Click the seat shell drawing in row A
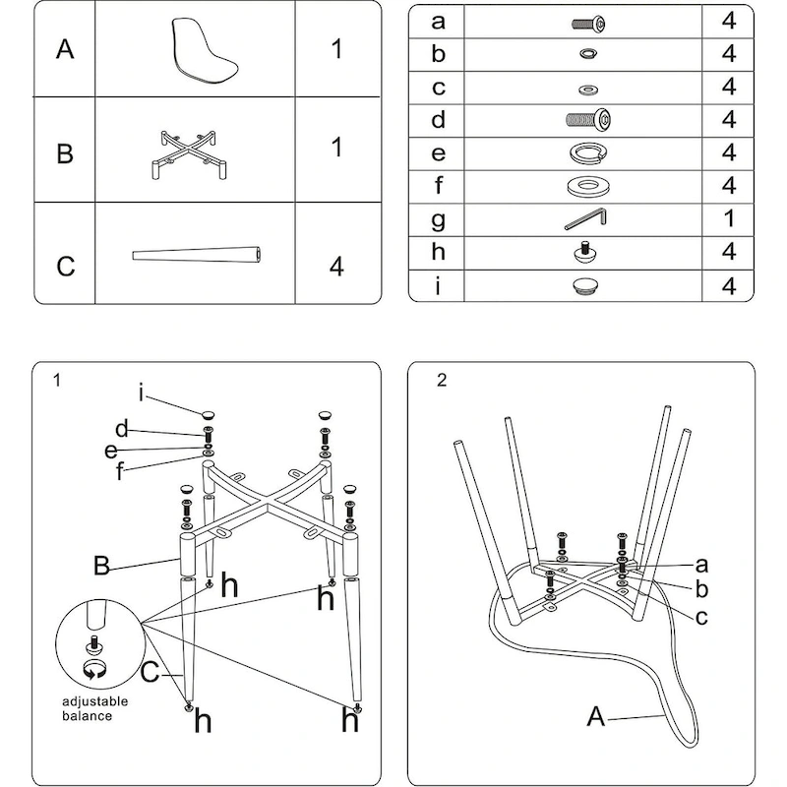(x=205, y=49)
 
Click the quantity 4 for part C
(x=336, y=266)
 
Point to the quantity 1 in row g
(x=729, y=218)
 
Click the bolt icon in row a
(x=587, y=22)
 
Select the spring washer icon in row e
(x=587, y=153)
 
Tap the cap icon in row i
(x=586, y=286)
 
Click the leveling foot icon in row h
(x=586, y=253)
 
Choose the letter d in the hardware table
(x=439, y=120)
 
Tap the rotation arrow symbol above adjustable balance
(x=94, y=671)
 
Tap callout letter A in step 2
(x=595, y=715)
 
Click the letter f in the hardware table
(x=439, y=186)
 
